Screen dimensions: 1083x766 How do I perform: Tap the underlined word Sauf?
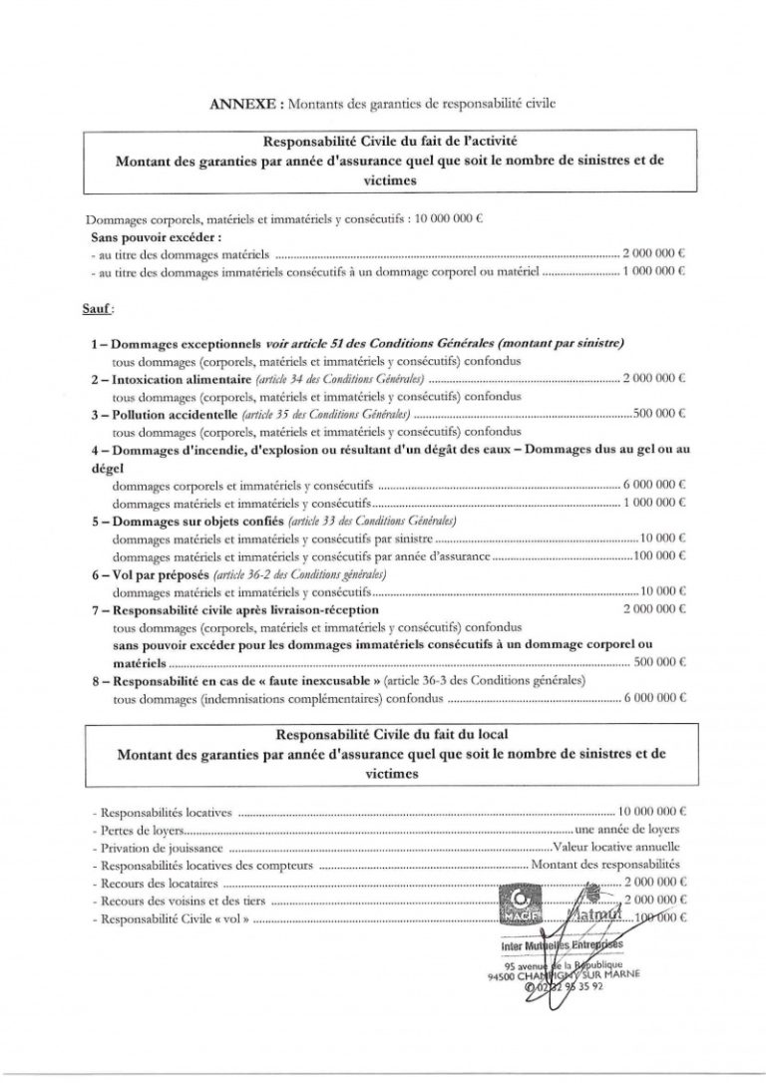click(94, 311)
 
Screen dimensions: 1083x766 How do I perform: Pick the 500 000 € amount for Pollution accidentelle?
click(660, 411)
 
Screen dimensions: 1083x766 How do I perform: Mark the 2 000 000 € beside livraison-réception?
click(655, 607)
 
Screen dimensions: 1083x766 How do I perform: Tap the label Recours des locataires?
click(159, 883)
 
